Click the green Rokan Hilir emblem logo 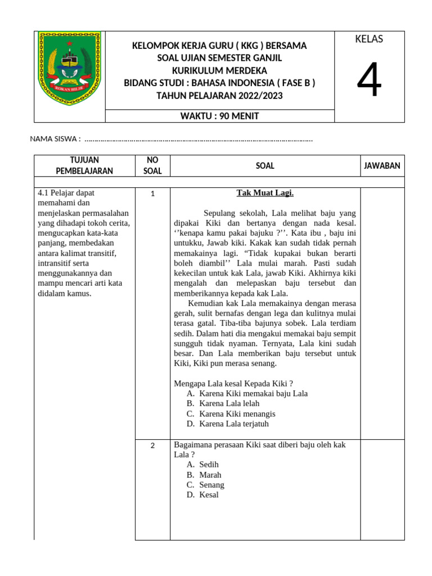pyautogui.click(x=69, y=69)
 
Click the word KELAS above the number pyautogui.click(x=369, y=39)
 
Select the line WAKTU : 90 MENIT pyautogui.click(x=219, y=116)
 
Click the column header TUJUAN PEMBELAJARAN pyautogui.click(x=84, y=165)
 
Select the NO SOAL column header pyautogui.click(x=152, y=165)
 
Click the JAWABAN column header pyautogui.click(x=382, y=165)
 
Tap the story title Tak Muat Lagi pyautogui.click(x=265, y=193)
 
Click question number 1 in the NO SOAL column pyautogui.click(x=152, y=194)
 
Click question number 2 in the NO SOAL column pyautogui.click(x=152, y=446)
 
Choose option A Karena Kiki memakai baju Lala pyautogui.click(x=253, y=394)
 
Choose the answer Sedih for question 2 pyautogui.click(x=209, y=465)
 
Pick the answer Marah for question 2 pyautogui.click(x=210, y=475)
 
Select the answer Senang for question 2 pyautogui.click(x=211, y=485)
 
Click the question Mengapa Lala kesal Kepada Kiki pyautogui.click(x=233, y=384)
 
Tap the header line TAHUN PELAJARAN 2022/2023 pyautogui.click(x=219, y=96)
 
